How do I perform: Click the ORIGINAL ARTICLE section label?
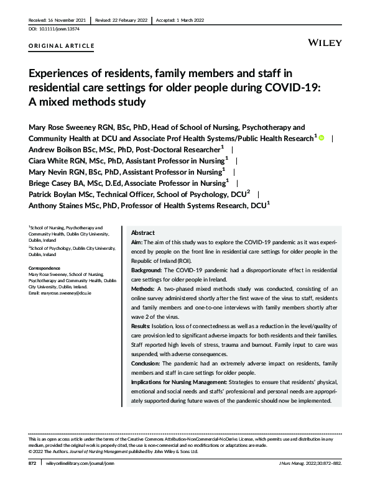(62, 46)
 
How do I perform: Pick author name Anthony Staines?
(61, 206)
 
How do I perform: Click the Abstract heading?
(143, 232)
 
